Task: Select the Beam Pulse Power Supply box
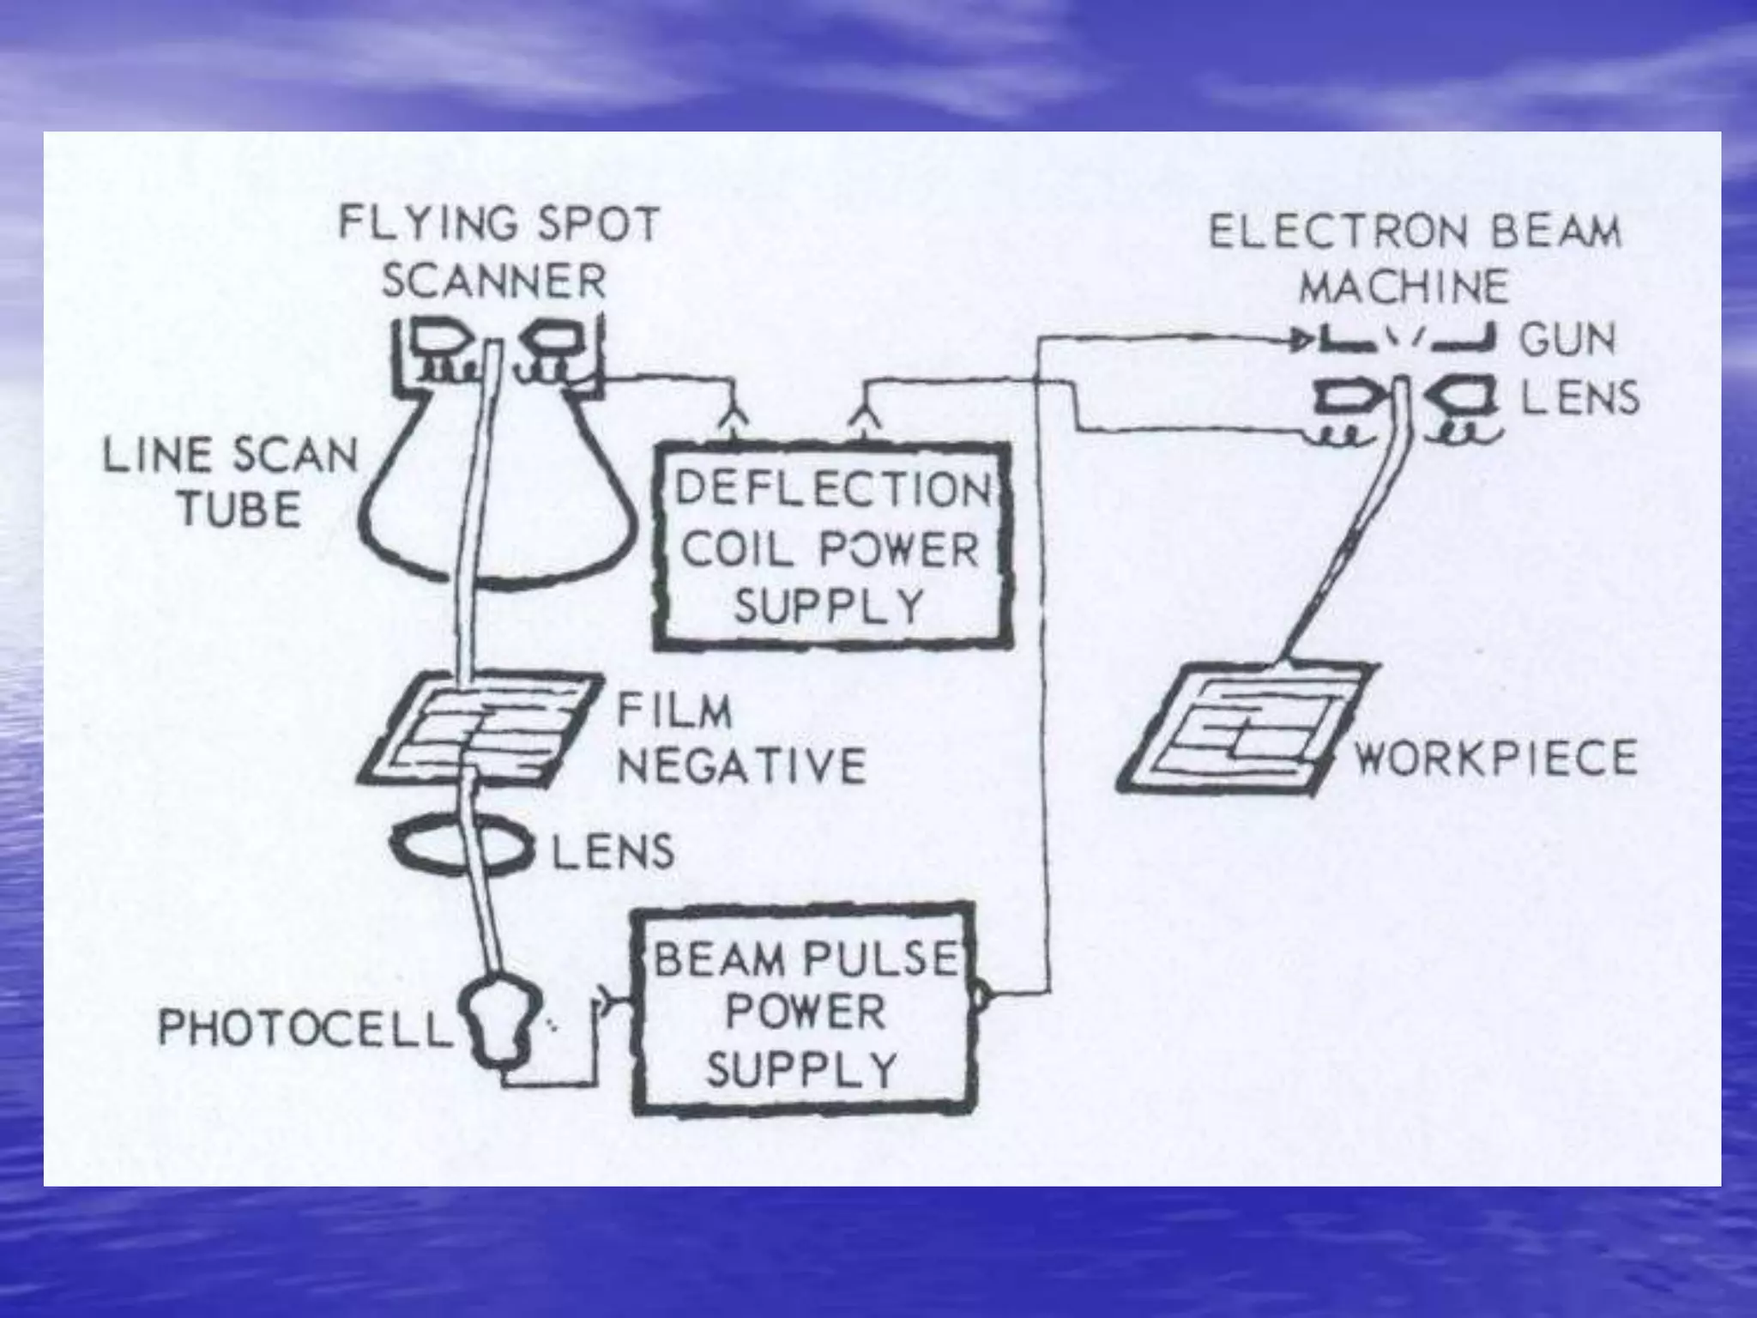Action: [x=804, y=1011]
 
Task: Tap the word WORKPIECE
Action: [x=1494, y=759]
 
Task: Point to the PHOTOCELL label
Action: [x=305, y=1028]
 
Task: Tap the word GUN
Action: [x=1567, y=339]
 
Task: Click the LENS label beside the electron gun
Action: [x=1579, y=399]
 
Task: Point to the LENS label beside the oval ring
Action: [x=612, y=852]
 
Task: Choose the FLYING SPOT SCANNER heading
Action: [x=498, y=252]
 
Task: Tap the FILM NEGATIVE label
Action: [x=740, y=740]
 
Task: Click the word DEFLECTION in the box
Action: [x=832, y=490]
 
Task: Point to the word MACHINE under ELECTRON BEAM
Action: [x=1404, y=287]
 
